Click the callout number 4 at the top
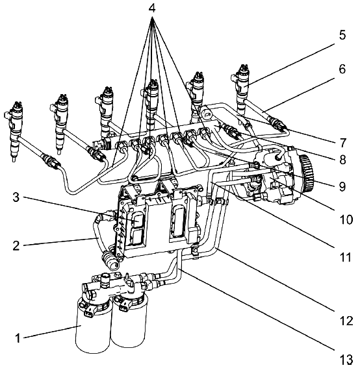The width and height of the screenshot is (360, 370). [152, 8]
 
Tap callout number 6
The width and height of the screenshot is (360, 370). [342, 69]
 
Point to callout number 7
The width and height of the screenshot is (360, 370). [342, 143]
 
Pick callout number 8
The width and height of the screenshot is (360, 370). [342, 160]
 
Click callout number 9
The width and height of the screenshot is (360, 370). [342, 186]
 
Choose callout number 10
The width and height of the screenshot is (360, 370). [346, 219]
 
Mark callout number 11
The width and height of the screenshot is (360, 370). [346, 257]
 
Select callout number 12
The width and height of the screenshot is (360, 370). [346, 321]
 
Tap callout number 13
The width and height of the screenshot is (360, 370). [346, 360]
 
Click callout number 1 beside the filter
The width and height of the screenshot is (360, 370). [18, 338]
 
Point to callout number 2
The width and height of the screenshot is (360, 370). [16, 245]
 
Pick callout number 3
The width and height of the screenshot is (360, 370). [16, 197]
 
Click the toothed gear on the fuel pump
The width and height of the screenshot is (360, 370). [307, 173]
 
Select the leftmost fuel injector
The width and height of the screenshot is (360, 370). [15, 131]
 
